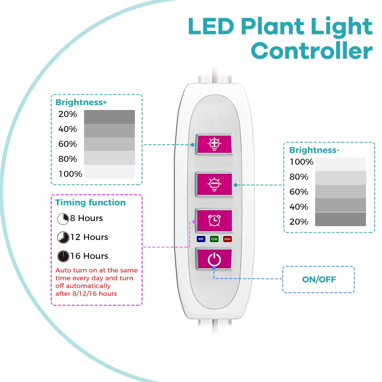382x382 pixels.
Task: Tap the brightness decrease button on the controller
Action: [x=214, y=184]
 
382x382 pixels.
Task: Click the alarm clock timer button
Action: [x=214, y=220]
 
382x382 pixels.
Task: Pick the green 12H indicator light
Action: [x=214, y=239]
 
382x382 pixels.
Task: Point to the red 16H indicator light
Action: [x=228, y=239]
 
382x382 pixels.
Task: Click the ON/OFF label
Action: [x=319, y=280]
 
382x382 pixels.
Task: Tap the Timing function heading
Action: [x=90, y=202]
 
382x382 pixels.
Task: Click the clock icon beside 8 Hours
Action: [x=63, y=219]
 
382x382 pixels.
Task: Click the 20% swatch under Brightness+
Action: [x=109, y=117]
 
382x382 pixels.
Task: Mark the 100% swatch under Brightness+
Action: [x=109, y=172]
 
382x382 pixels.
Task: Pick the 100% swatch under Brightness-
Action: [x=340, y=164]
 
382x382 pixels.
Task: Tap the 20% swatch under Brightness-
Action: [x=340, y=219]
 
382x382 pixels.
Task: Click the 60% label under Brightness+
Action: [x=68, y=144]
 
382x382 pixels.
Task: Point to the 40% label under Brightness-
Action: [x=299, y=207]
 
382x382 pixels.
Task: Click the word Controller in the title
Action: [x=311, y=51]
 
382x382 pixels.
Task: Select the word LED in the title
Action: [x=211, y=27]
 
